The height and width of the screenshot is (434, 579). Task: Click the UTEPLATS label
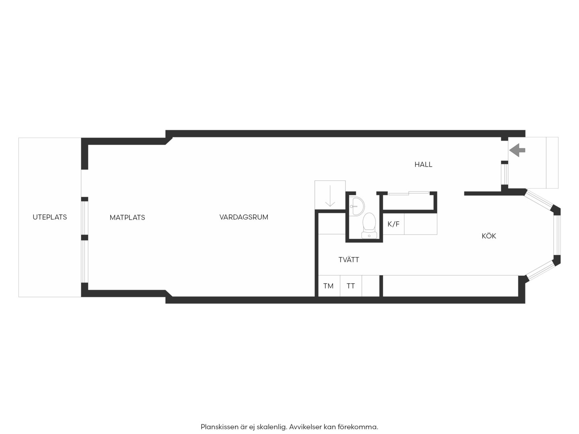[x=49, y=217]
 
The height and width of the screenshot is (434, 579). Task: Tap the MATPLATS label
[x=127, y=217]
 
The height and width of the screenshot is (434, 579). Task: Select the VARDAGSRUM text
[x=244, y=217]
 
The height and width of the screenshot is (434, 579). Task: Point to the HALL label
[x=423, y=164]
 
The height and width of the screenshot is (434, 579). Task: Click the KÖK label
[x=489, y=235]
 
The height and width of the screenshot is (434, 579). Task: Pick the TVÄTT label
[x=349, y=260]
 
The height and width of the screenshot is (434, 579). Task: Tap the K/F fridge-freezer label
[x=393, y=224]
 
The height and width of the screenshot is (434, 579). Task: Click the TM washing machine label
[x=329, y=286]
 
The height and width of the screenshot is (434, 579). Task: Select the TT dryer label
[x=351, y=286]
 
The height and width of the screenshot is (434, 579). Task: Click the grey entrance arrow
[x=517, y=150]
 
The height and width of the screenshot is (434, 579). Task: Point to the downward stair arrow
[x=330, y=196]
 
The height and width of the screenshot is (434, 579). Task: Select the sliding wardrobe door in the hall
[x=409, y=193]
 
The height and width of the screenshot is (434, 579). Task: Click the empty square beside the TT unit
[x=370, y=286]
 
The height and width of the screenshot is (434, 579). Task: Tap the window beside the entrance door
[x=504, y=174]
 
